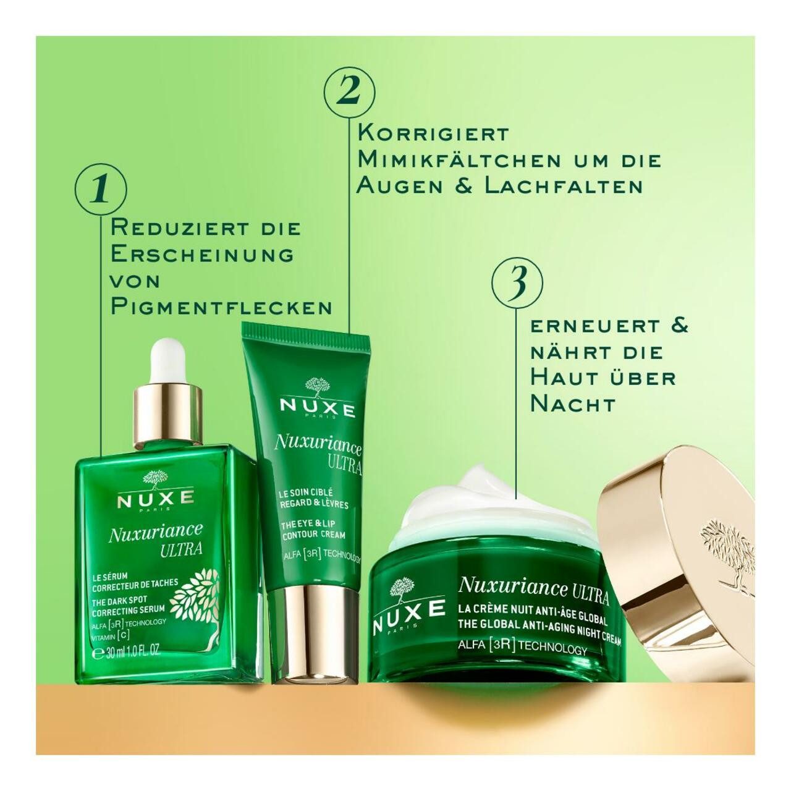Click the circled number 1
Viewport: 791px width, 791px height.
(x=101, y=189)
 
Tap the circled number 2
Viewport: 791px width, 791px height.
(x=350, y=91)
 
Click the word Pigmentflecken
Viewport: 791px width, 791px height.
(x=221, y=307)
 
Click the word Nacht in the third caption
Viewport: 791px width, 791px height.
(x=573, y=404)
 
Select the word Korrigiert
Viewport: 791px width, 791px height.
(x=433, y=133)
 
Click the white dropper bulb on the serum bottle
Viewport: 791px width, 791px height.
(x=167, y=358)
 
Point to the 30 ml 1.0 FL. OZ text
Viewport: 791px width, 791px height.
(x=127, y=651)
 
